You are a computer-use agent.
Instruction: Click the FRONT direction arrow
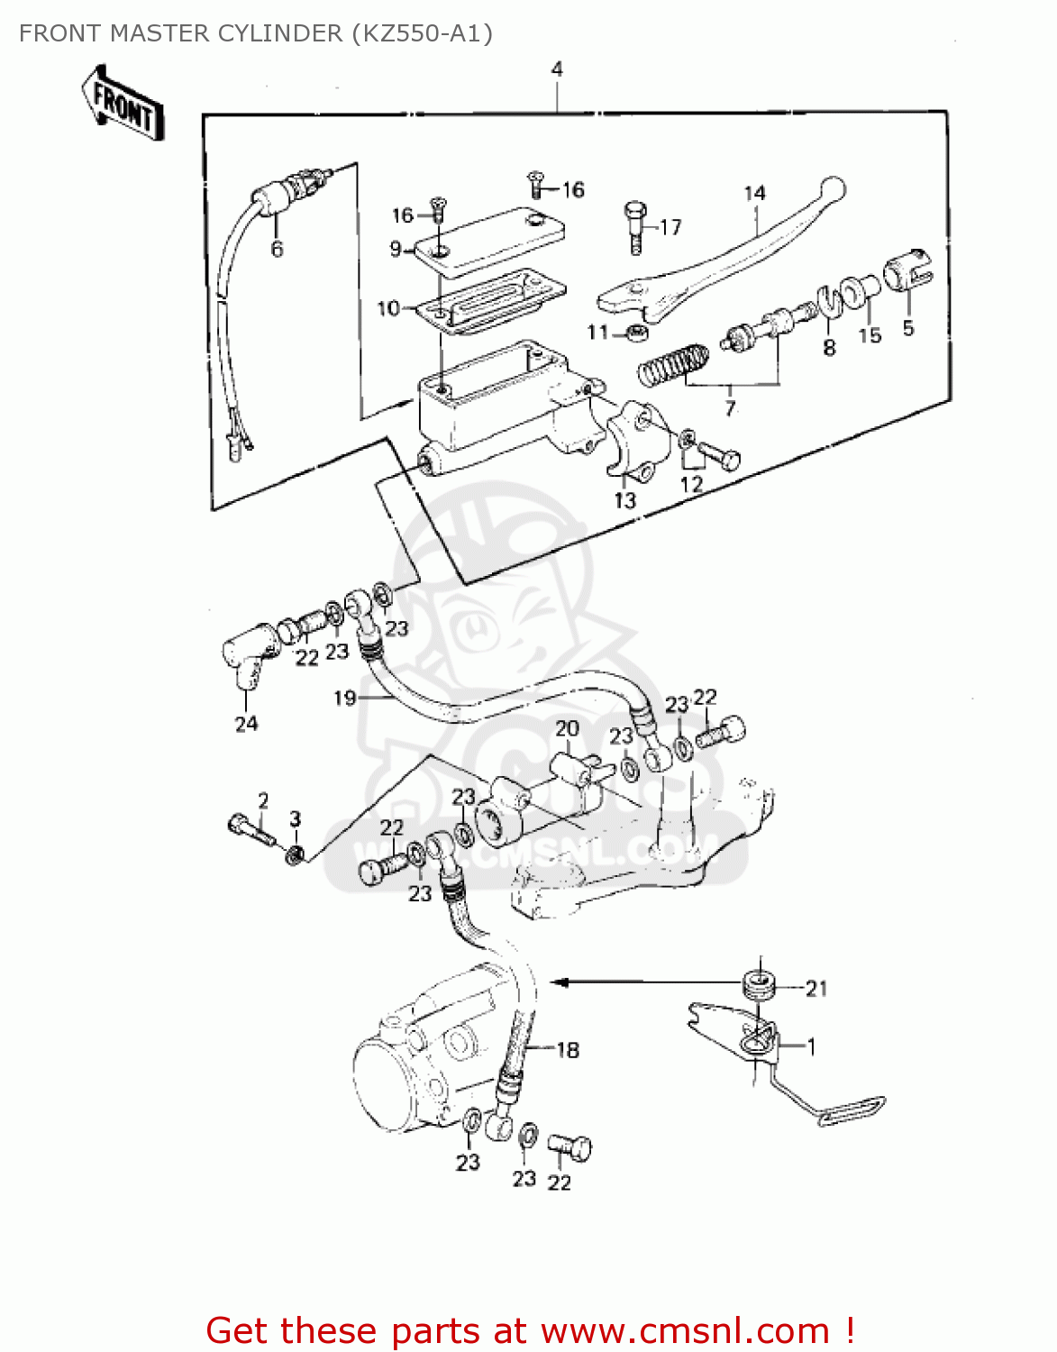(x=123, y=104)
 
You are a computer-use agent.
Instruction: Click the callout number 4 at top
(x=557, y=69)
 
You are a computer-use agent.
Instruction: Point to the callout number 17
(x=670, y=227)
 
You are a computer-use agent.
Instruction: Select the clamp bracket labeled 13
(x=636, y=442)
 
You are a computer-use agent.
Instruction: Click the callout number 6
(x=277, y=249)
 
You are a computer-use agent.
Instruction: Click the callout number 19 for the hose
(x=344, y=698)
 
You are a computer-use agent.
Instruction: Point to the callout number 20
(x=567, y=728)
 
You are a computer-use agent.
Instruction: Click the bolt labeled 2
(x=251, y=827)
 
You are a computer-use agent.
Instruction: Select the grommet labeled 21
(x=761, y=984)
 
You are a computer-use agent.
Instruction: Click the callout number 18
(x=568, y=1049)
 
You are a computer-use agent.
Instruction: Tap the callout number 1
(x=811, y=1046)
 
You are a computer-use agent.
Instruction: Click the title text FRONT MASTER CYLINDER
(x=255, y=33)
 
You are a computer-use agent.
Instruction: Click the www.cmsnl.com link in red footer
(x=685, y=1330)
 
